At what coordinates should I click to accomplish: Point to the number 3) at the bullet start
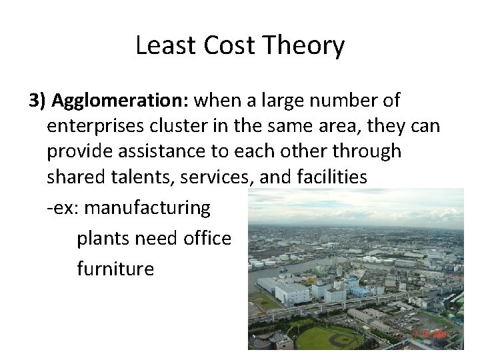38,101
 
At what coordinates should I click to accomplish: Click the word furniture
115,269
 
